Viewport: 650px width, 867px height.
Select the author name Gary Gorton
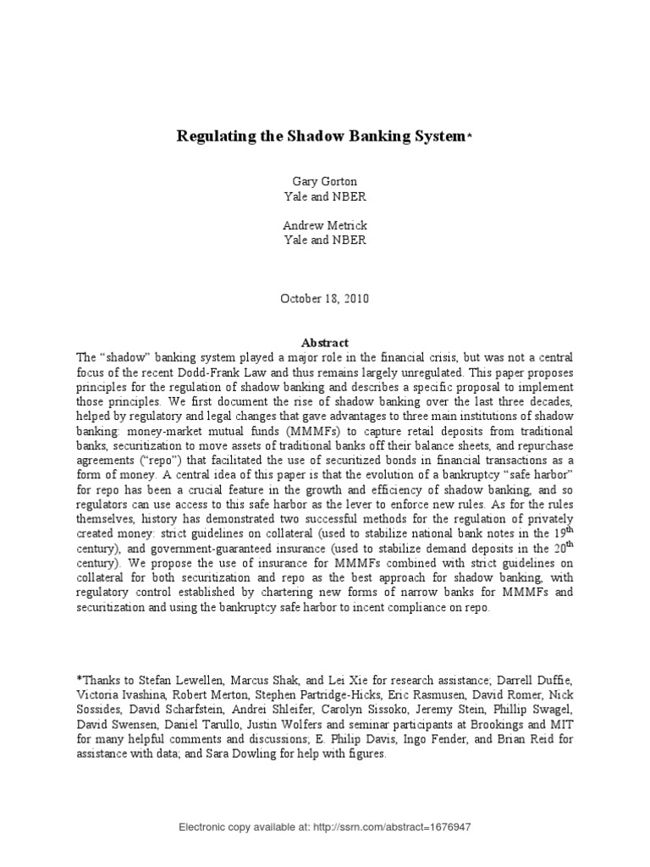click(x=325, y=182)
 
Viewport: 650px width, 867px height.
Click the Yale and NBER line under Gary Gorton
click(x=325, y=196)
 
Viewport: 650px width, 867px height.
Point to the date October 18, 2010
click(x=325, y=299)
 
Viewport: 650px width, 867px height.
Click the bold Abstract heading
click(x=325, y=343)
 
